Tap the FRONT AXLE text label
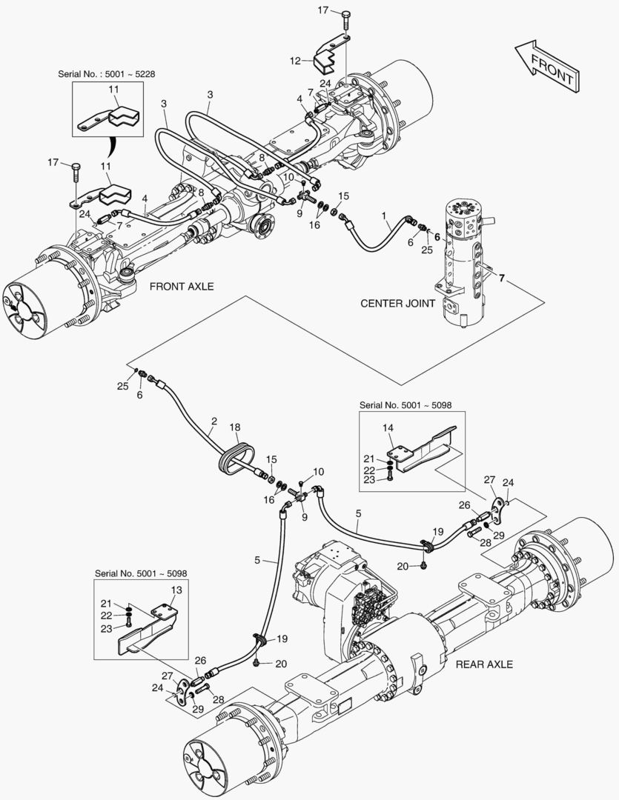(x=182, y=286)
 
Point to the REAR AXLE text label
(x=484, y=664)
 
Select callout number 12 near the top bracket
(x=294, y=60)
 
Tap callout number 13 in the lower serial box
(x=176, y=590)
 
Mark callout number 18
(x=235, y=427)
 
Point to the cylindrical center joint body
(x=463, y=267)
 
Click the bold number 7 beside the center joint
(x=502, y=279)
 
